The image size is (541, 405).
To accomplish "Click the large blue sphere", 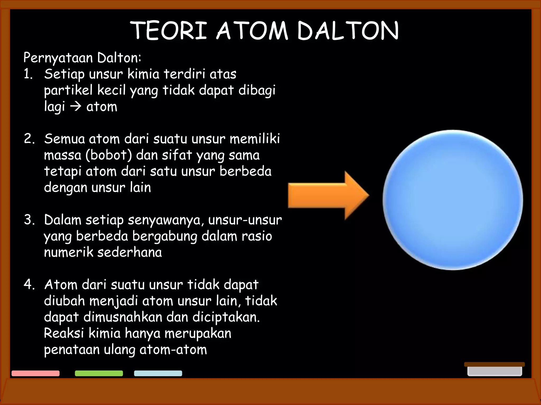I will (x=453, y=200).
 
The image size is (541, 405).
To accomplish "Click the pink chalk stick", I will (x=35, y=373).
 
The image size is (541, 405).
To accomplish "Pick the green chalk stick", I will (x=99, y=373).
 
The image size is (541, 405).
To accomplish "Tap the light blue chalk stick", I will (x=158, y=373).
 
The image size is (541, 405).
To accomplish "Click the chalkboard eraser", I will (x=494, y=369).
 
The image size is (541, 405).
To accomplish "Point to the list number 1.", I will (x=27, y=74).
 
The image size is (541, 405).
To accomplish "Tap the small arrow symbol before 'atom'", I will (x=76, y=107).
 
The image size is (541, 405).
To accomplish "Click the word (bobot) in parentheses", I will (x=109, y=155).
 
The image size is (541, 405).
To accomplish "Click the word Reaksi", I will (x=64, y=333).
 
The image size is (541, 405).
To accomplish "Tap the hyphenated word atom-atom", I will (x=173, y=350).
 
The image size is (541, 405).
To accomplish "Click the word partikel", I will (x=68, y=90).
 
